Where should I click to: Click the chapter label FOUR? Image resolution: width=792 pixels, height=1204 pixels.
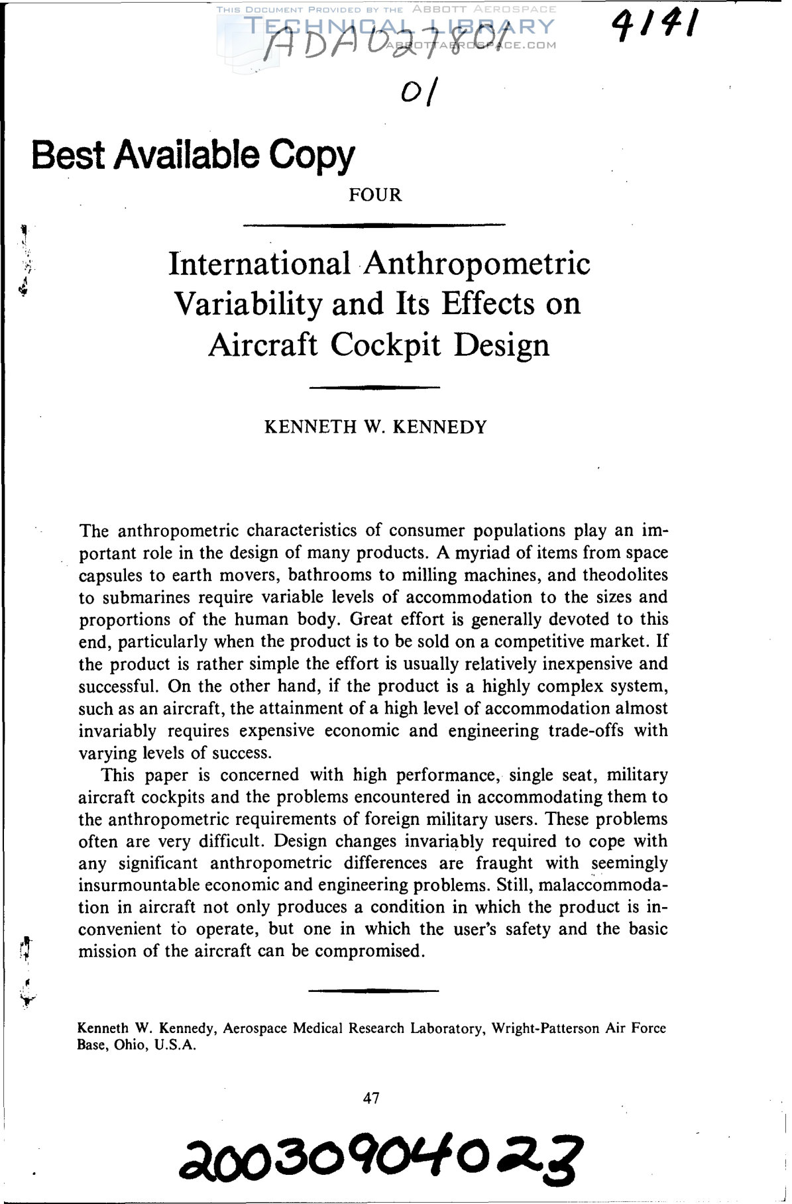[x=375, y=195]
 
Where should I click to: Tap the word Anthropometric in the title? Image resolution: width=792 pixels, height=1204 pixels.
[x=476, y=263]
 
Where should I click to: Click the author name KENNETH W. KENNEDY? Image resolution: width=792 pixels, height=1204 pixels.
[x=375, y=427]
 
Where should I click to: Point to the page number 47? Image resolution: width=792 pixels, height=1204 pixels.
[x=372, y=1098]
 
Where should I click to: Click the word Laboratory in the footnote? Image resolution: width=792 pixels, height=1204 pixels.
[x=447, y=1028]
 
